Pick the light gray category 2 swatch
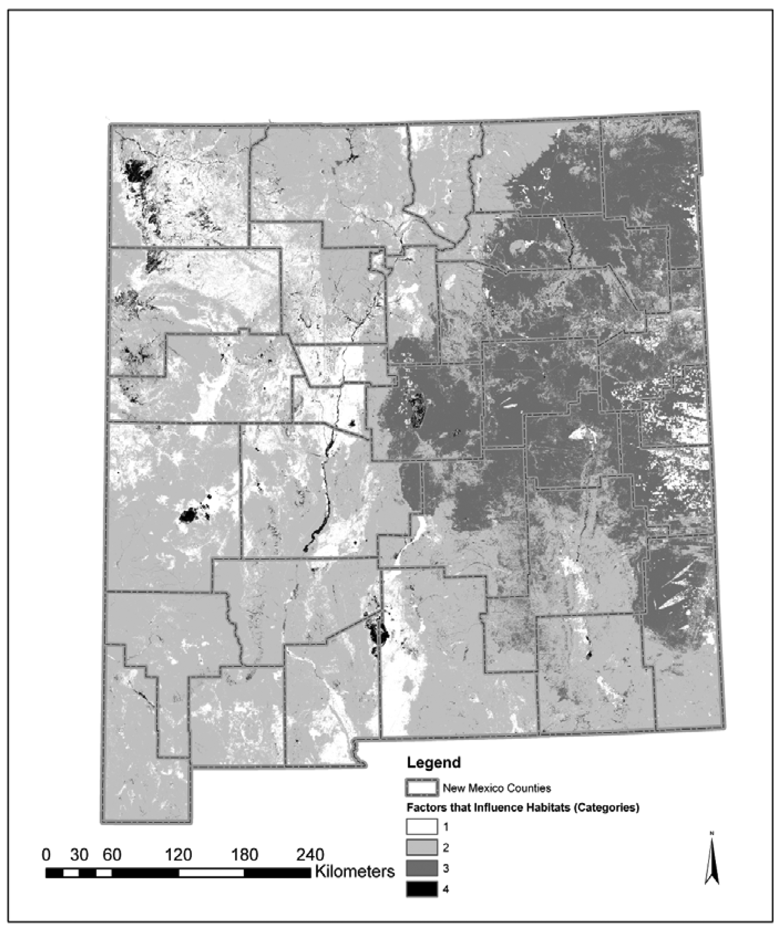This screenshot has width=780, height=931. (x=421, y=848)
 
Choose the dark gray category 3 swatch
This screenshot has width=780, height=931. (x=421, y=868)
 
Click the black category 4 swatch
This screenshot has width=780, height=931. (x=421, y=889)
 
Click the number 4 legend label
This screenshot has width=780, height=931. (x=446, y=889)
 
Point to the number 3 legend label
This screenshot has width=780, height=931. (x=446, y=868)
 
